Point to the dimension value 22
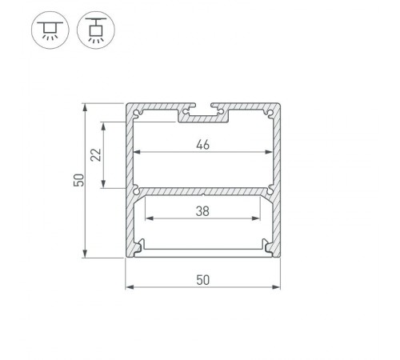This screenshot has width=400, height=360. point(95,155)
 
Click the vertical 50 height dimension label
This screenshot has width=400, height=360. point(78,181)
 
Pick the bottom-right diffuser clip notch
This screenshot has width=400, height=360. point(268,246)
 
